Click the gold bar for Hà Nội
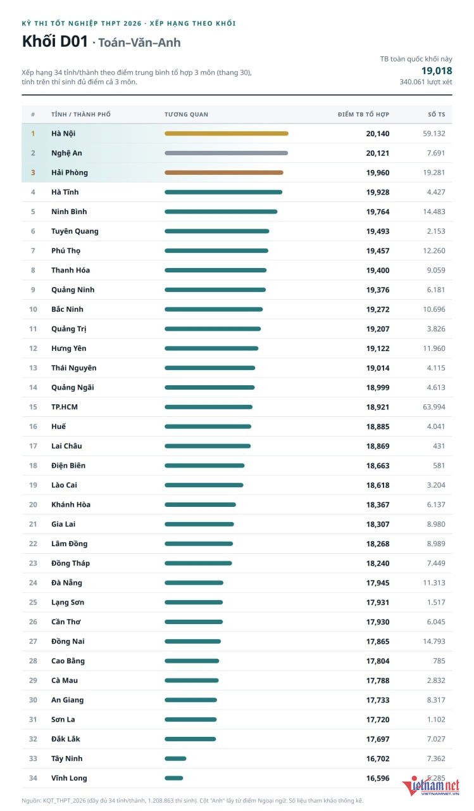(x=227, y=134)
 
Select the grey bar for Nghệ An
(x=227, y=153)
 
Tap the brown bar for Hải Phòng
(x=224, y=173)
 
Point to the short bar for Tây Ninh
(x=175, y=758)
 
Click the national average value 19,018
(x=437, y=70)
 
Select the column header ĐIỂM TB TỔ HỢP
(x=363, y=115)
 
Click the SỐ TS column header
(x=437, y=115)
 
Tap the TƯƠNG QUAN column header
(x=186, y=115)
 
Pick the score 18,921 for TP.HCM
(x=378, y=407)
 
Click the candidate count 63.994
(x=434, y=407)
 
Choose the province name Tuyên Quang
(x=75, y=231)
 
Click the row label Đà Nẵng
(x=66, y=583)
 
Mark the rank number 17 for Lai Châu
(x=33, y=446)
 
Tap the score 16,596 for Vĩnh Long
(x=378, y=778)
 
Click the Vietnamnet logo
(x=430, y=786)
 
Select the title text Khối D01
(x=55, y=42)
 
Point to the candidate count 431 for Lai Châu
(x=439, y=446)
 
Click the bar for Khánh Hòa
(x=200, y=505)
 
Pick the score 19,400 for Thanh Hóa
(x=378, y=271)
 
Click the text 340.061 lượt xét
(x=425, y=82)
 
